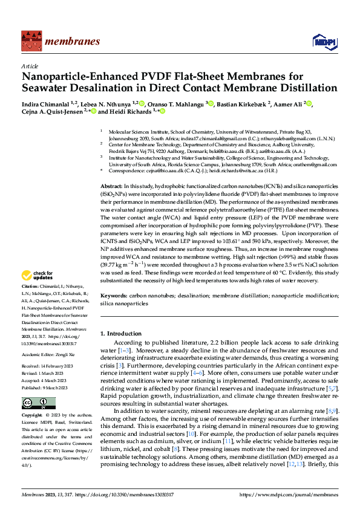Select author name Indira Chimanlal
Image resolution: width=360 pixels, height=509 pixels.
point(46,103)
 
